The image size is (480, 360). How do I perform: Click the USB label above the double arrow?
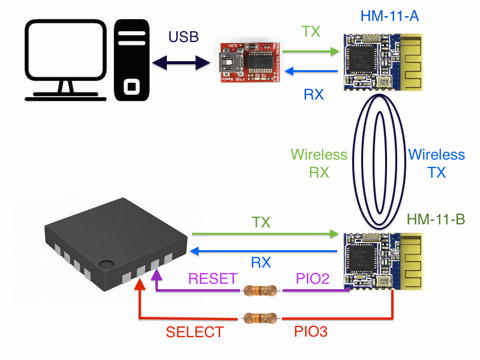[184, 37]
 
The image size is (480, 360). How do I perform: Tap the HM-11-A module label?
[389, 16]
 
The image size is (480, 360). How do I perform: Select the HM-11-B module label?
[435, 220]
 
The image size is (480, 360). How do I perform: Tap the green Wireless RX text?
[319, 163]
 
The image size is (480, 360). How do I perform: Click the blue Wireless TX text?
[437, 163]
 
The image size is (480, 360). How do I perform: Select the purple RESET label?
[213, 278]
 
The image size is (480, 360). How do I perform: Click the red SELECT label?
[195, 332]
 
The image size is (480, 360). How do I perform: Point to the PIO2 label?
[311, 278]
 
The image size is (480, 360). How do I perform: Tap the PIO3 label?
[311, 331]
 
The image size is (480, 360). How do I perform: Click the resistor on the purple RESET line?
[260, 292]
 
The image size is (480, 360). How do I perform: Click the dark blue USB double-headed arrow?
[183, 61]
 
